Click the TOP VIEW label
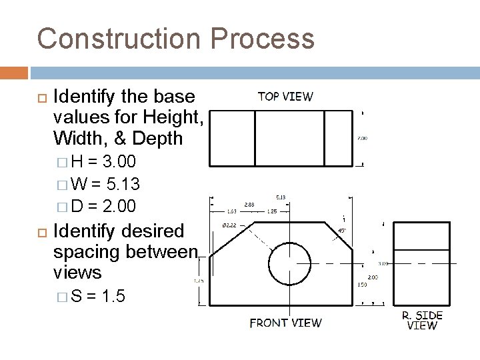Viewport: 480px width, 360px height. (285, 96)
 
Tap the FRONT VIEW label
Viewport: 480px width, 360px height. (285, 323)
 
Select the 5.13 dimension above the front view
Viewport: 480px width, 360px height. (281, 197)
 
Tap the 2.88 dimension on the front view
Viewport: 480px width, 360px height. (249, 205)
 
